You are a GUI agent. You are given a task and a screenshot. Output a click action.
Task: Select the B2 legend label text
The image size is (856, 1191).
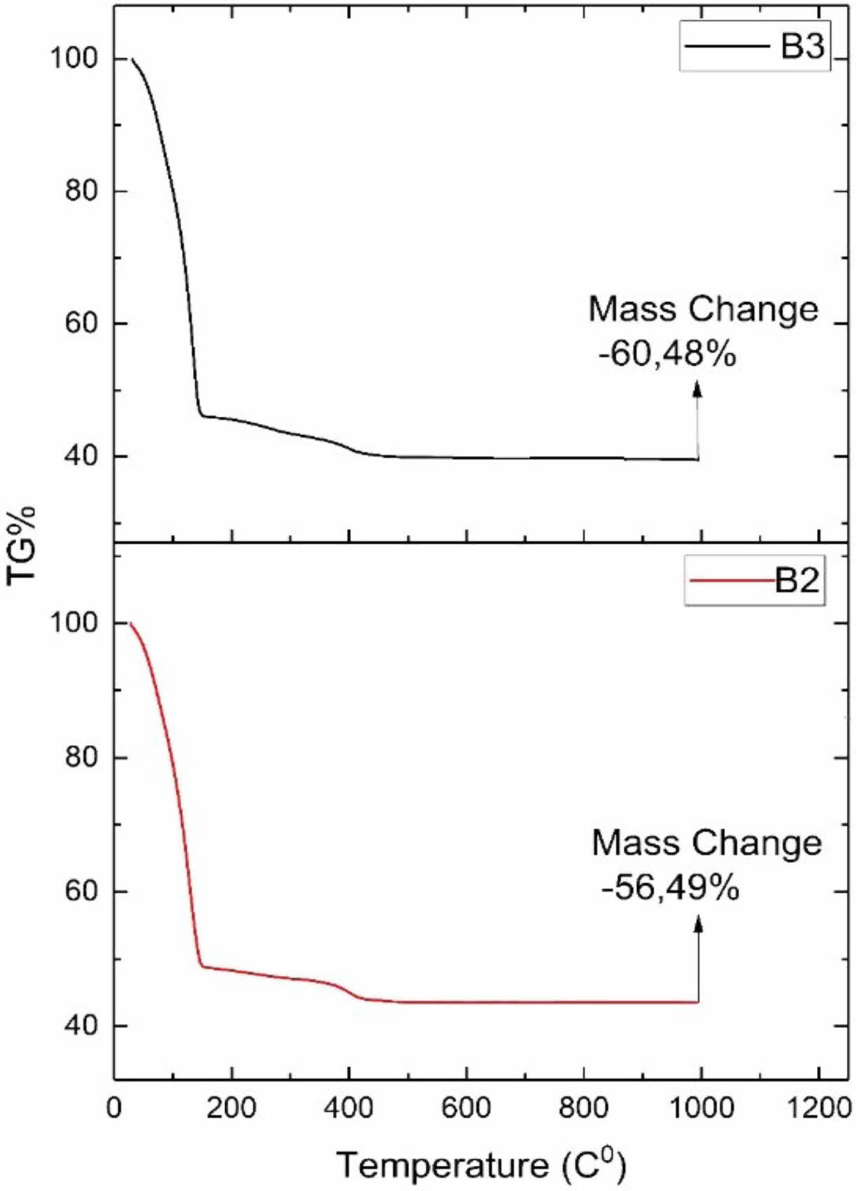tap(797, 580)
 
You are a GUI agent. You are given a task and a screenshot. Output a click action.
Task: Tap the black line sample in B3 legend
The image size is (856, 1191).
tap(726, 46)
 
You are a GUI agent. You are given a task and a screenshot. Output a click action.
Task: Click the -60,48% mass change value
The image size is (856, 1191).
tap(667, 355)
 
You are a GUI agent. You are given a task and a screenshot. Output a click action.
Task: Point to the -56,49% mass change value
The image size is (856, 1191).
tap(670, 888)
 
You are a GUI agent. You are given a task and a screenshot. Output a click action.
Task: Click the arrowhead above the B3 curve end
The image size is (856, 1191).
tap(697, 389)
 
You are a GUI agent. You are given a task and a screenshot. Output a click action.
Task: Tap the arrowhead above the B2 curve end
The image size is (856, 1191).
tap(698, 924)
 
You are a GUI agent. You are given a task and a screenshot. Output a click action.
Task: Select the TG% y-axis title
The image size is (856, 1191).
tap(22, 545)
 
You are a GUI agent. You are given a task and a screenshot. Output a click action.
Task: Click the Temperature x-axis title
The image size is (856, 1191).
tap(482, 1165)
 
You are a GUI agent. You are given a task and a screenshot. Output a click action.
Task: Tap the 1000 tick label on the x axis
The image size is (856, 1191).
tap(699, 1108)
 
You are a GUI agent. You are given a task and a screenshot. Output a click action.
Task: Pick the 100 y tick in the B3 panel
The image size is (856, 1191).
tap(73, 58)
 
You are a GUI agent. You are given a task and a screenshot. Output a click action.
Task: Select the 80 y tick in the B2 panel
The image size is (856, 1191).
tap(80, 757)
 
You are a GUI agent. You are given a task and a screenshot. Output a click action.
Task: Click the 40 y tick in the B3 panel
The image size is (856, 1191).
tap(80, 456)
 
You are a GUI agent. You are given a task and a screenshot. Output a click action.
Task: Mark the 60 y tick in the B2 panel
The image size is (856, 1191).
tap(80, 892)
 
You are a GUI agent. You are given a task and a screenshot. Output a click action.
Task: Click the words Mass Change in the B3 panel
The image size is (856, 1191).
tap(703, 309)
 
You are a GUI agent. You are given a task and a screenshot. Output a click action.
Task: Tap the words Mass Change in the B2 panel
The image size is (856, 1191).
tap(706, 843)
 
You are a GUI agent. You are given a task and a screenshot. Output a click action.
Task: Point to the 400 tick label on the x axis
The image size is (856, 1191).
tap(349, 1108)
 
